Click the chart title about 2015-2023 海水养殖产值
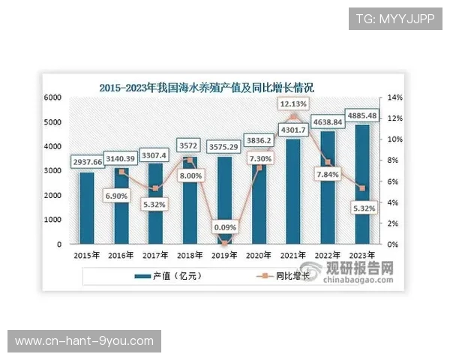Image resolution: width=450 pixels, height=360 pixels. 217,87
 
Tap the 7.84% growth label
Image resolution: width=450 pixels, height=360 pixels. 329,175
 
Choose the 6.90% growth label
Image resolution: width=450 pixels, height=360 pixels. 123,194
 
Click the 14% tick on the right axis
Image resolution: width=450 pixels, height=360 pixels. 394,97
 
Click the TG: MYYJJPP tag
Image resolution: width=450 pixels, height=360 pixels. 395,19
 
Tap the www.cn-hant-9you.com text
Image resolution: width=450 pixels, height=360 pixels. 84,341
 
